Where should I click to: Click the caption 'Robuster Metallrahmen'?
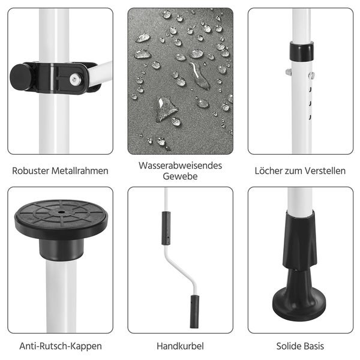click(60, 171)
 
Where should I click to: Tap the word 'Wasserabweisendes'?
click(180, 164)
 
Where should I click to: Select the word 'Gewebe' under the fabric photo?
click(180, 176)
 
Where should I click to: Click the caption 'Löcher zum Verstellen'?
click(300, 171)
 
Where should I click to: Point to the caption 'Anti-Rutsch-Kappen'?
click(60, 346)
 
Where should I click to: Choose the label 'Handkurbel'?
click(180, 346)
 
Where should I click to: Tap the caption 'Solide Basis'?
click(300, 346)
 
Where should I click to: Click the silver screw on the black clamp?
click(74, 78)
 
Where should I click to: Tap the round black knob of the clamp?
click(21, 76)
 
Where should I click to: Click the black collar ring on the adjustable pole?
click(301, 51)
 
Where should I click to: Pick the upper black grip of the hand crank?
click(166, 228)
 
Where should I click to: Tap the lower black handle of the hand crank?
click(194, 311)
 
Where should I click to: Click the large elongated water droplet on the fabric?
click(199, 76)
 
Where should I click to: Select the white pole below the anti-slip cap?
click(61, 294)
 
